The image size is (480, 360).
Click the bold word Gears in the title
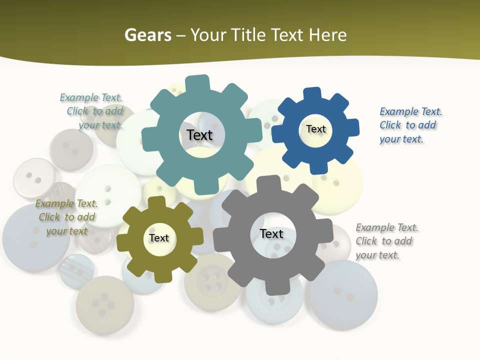tap(147, 35)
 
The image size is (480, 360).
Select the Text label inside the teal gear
tap(199, 135)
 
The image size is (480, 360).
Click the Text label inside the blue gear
tap(315, 129)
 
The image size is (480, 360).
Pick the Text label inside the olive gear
tap(159, 238)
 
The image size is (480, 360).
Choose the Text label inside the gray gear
tap(271, 233)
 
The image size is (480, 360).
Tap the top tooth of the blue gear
tap(312, 93)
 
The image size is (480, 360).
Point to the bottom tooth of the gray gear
tap(277, 287)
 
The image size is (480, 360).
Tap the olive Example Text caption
tap(66, 217)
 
